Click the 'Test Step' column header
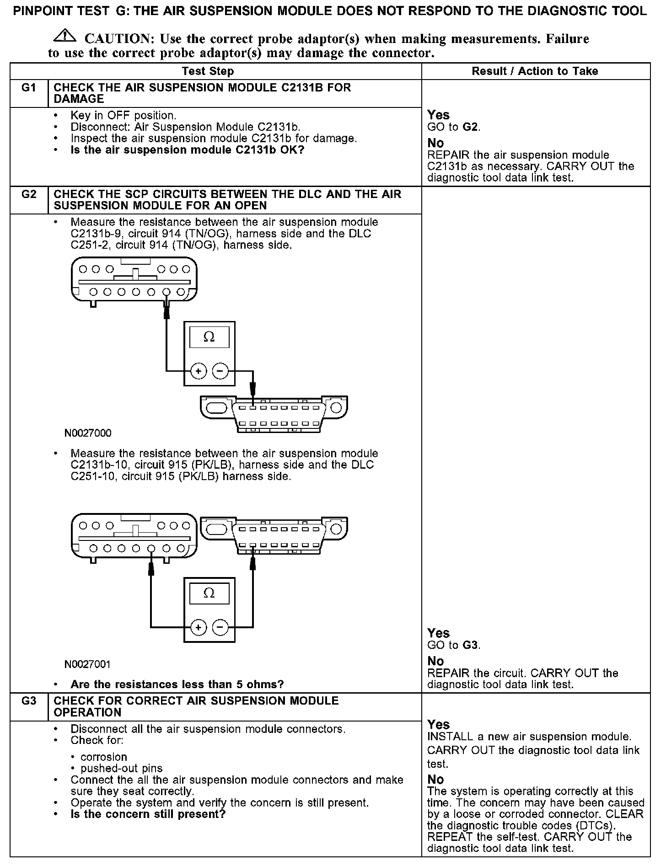208,71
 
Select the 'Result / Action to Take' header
535,71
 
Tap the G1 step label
29,88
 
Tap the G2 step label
29,194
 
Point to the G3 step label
29,701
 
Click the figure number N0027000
88,433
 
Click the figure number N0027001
88,664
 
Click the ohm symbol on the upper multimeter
209,337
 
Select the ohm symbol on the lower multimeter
209,593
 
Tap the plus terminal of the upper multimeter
199,371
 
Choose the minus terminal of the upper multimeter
220,371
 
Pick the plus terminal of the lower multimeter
199,628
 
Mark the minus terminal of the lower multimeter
220,628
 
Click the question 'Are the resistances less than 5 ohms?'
177,684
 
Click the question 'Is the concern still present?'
148,814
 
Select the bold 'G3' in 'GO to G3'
470,645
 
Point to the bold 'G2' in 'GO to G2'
470,127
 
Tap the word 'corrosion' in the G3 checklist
104,757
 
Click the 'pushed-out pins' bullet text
122,769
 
